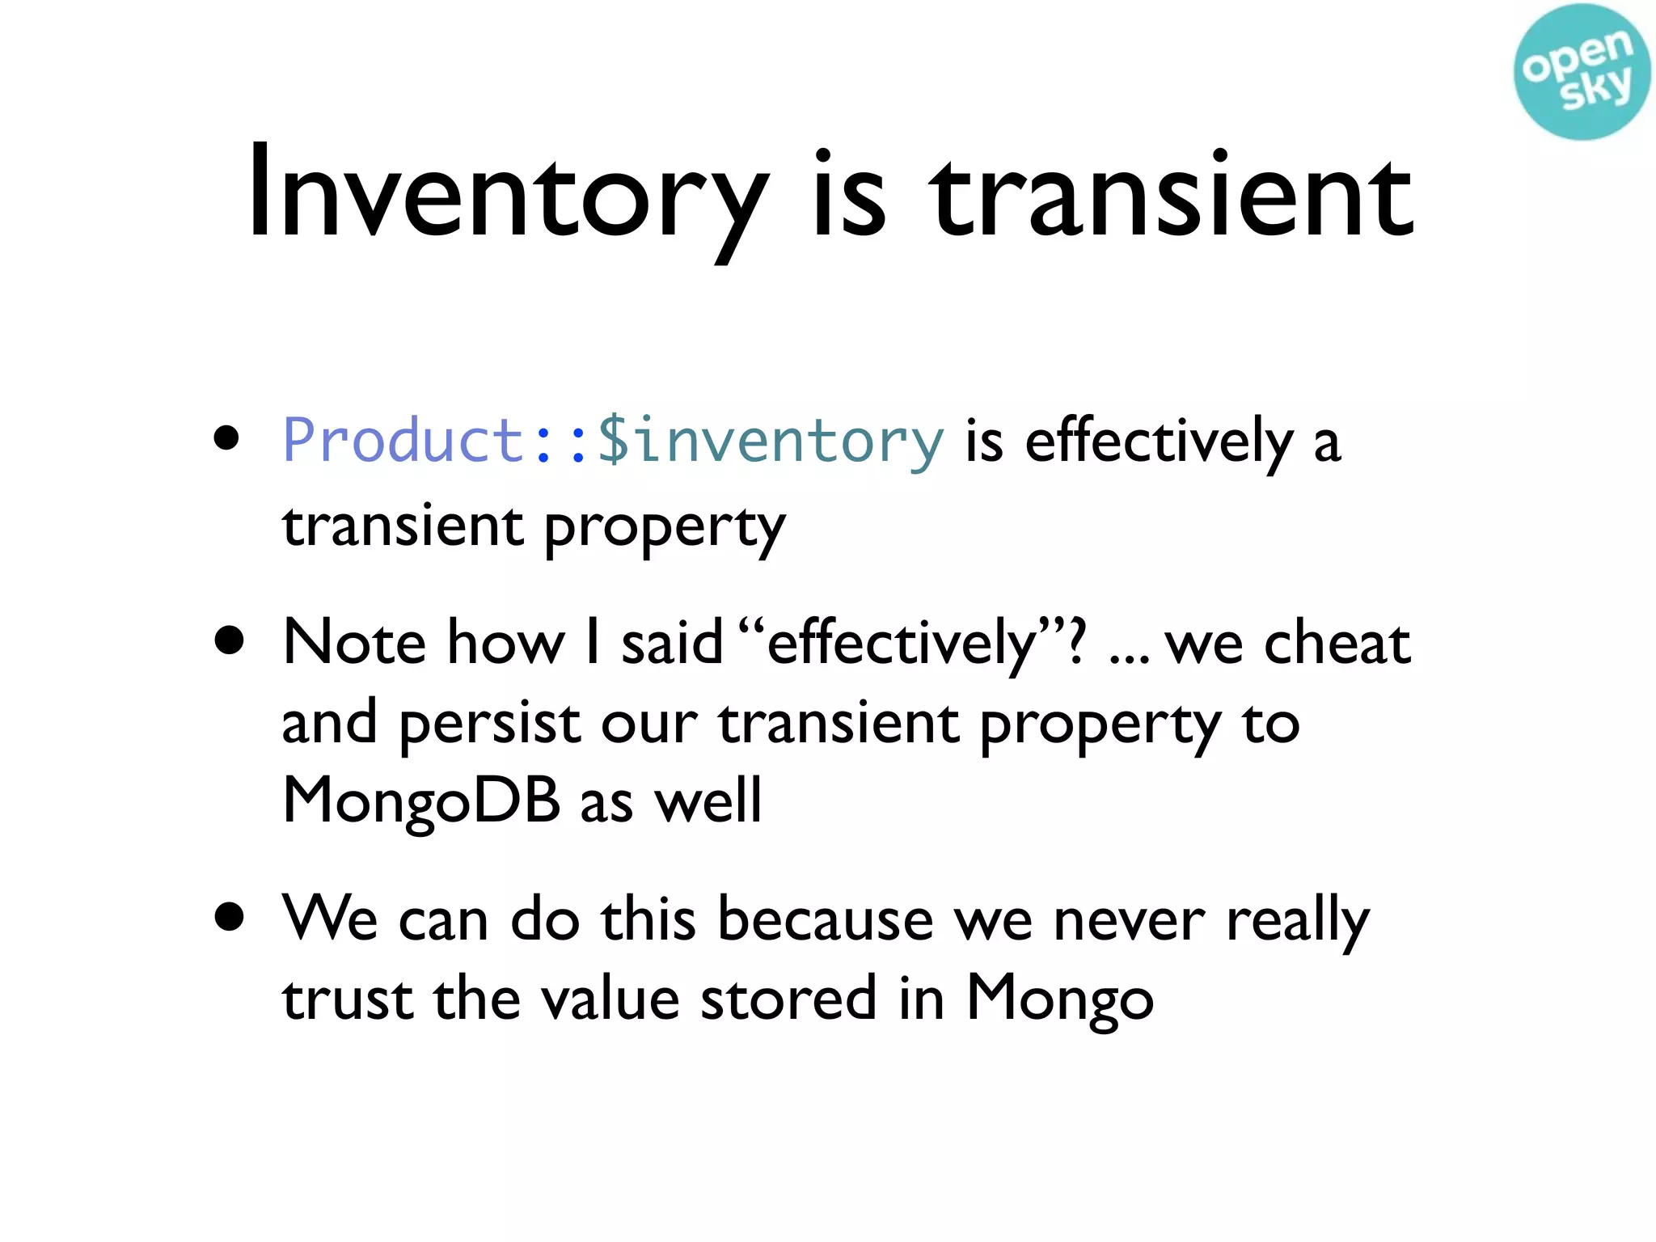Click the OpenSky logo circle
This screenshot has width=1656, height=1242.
[x=1581, y=71]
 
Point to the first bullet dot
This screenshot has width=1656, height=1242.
[x=227, y=438]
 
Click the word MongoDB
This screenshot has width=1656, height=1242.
[x=420, y=801]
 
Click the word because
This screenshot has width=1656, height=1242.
[x=825, y=919]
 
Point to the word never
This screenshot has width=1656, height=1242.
[x=1129, y=921]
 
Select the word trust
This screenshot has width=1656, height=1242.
[x=348, y=999]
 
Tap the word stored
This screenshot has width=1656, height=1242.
[x=788, y=999]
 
